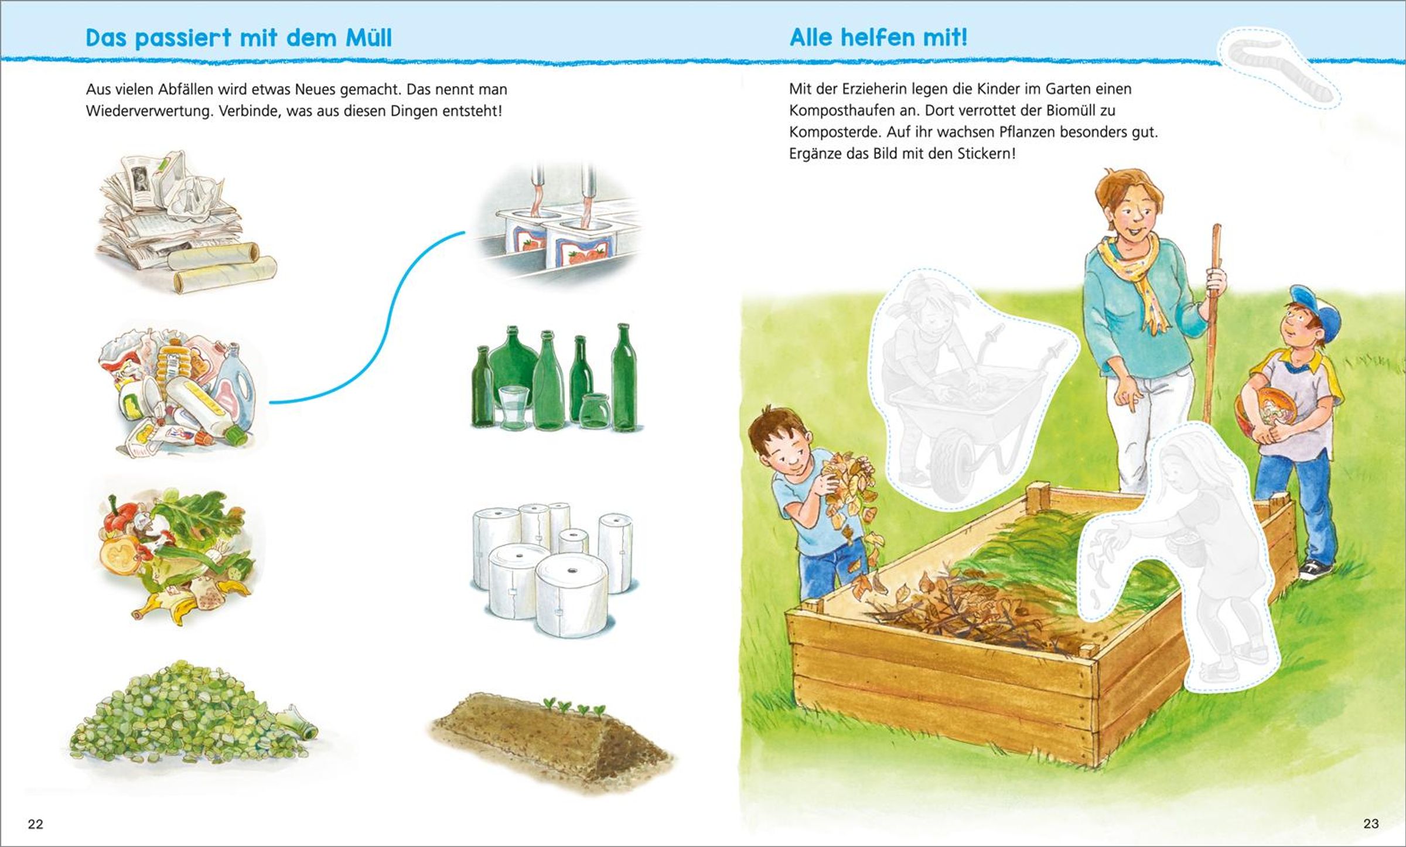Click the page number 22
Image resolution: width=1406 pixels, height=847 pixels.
point(36,824)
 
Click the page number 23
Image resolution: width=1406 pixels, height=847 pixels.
point(1371,824)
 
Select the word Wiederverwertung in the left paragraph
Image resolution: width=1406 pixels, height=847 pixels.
point(149,111)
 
